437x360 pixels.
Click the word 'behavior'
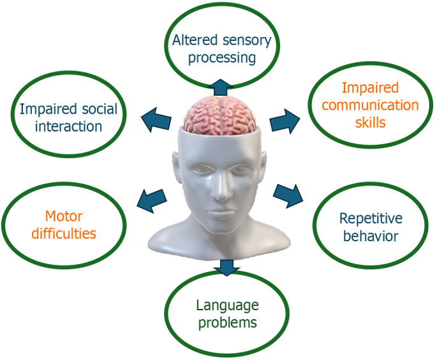click(x=370, y=236)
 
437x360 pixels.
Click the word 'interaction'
click(x=69, y=126)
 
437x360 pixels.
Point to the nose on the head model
click(x=220, y=185)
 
